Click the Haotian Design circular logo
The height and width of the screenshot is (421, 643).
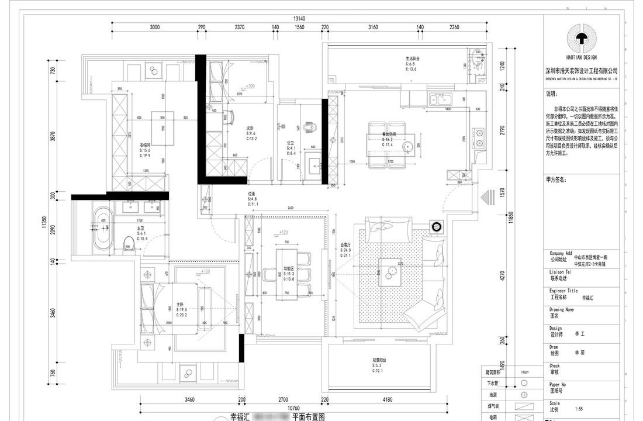[x=581, y=38]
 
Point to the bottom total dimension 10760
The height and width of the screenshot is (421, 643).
[x=283, y=408]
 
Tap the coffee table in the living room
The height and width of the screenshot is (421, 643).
[x=390, y=270]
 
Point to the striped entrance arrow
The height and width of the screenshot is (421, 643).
[x=486, y=198]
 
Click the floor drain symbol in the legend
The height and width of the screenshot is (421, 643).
[x=524, y=395]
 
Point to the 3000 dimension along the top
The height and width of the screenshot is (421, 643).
[x=154, y=27]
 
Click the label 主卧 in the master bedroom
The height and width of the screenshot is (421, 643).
[x=180, y=304]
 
